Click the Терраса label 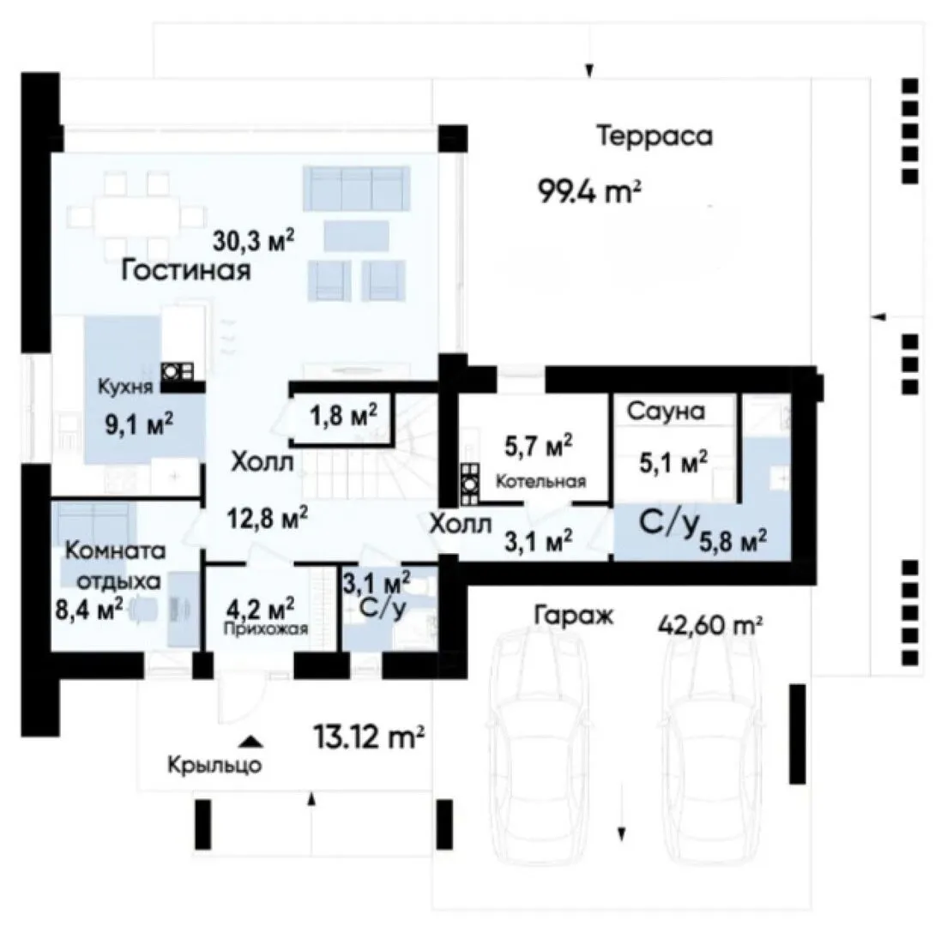pyautogui.click(x=655, y=136)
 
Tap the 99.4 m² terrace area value pyautogui.click(x=589, y=193)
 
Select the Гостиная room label pyautogui.click(x=186, y=270)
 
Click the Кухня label pyautogui.click(x=125, y=387)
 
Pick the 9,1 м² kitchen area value pyautogui.click(x=140, y=424)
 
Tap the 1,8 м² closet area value pyautogui.click(x=344, y=415)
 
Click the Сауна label pyautogui.click(x=666, y=411)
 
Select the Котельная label pyautogui.click(x=540, y=481)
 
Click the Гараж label pyautogui.click(x=574, y=616)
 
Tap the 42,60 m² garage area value pyautogui.click(x=709, y=625)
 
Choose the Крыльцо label pyautogui.click(x=214, y=766)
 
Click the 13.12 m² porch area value pyautogui.click(x=369, y=737)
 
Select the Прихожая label pyautogui.click(x=266, y=629)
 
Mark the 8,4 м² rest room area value pyautogui.click(x=89, y=609)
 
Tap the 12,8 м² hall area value pyautogui.click(x=268, y=518)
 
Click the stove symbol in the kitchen pyautogui.click(x=177, y=370)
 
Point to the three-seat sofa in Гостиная pyautogui.click(x=356, y=189)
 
